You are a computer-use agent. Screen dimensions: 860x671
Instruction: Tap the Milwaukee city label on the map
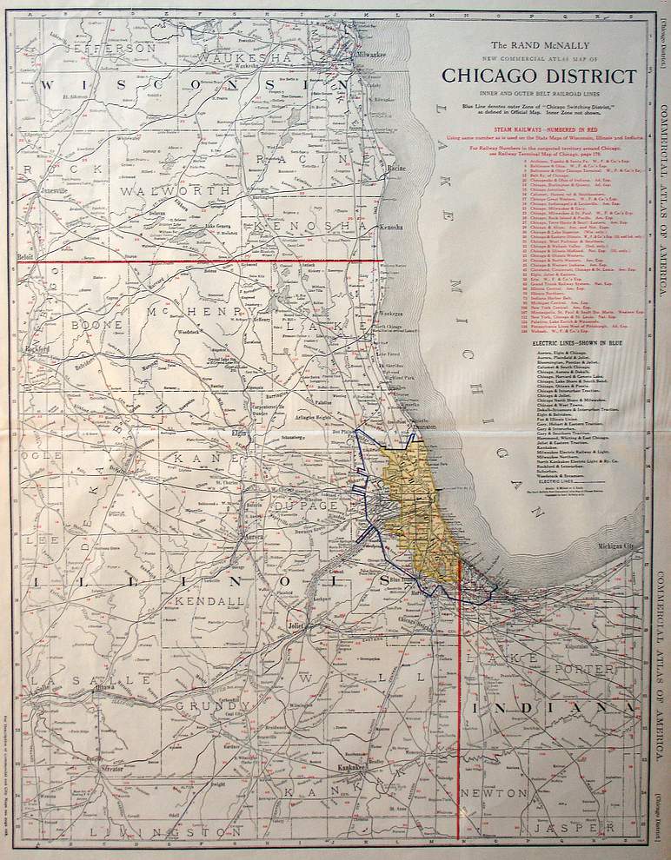369,53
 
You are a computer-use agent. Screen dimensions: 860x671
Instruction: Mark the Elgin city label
240,431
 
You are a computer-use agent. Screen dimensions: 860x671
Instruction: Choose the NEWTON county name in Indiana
494,792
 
